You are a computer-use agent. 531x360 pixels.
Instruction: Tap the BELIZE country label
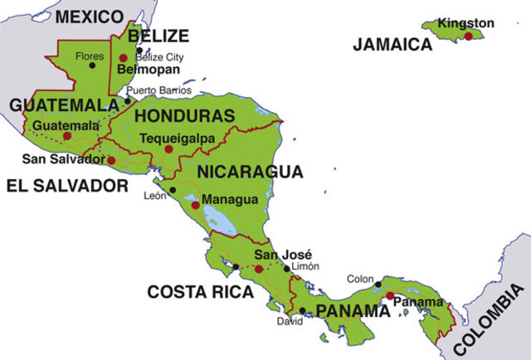(x=158, y=36)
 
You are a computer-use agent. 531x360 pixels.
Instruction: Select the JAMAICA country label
(x=392, y=45)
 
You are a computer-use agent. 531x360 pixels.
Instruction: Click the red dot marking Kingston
(x=469, y=36)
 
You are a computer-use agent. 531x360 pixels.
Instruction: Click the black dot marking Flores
(x=92, y=66)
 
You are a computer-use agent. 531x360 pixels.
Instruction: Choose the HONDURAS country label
(x=184, y=115)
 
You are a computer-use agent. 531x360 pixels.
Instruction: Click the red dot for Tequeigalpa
(x=168, y=149)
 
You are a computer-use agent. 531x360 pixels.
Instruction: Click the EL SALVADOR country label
(x=67, y=186)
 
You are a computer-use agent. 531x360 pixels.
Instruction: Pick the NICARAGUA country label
(x=250, y=173)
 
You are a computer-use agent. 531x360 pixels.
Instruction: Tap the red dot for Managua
(x=195, y=204)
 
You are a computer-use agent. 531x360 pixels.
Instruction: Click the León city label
(x=156, y=196)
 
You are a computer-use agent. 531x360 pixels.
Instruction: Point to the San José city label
(x=277, y=254)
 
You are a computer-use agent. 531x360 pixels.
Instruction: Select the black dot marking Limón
(x=287, y=268)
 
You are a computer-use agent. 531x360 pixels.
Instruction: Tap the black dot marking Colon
(x=378, y=285)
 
